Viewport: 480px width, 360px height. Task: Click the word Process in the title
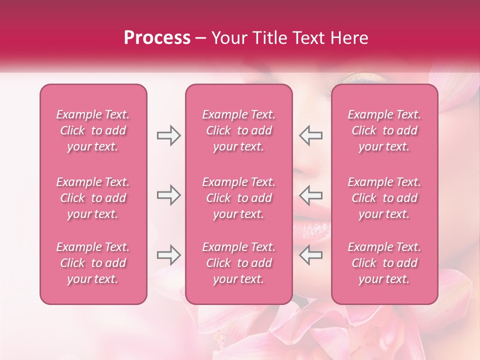157,38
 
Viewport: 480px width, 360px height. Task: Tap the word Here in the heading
348,38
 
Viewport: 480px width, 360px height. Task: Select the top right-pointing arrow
168,135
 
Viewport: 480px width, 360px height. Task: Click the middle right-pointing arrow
168,195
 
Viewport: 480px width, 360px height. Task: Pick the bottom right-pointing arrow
168,255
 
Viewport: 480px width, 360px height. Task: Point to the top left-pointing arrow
311,135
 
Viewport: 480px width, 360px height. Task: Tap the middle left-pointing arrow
311,195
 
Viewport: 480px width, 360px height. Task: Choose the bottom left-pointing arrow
311,255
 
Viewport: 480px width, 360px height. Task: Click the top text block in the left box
93,130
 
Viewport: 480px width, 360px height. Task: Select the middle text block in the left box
93,198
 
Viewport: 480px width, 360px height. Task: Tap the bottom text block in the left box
93,263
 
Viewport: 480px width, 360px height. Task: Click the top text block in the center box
239,130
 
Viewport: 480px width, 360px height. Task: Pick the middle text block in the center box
239,198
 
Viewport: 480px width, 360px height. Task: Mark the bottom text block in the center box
239,263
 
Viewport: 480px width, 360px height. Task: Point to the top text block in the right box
384,130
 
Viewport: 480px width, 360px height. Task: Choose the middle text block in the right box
384,198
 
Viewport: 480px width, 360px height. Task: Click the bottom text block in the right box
384,263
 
